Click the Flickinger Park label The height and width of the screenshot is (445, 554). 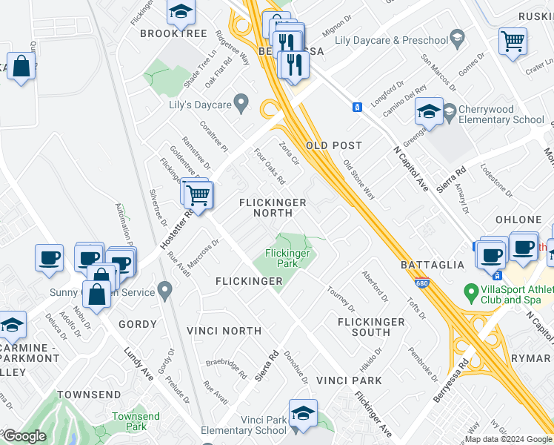click(281, 258)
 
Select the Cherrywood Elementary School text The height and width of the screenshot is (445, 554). click(501, 114)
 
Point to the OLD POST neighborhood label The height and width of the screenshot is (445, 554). click(334, 145)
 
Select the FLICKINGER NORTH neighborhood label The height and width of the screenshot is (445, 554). click(273, 208)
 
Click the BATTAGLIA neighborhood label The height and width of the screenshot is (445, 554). click(432, 264)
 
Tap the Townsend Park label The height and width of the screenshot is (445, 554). click(136, 422)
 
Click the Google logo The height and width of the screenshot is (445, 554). click(24, 436)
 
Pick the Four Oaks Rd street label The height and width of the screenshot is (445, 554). click(270, 165)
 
